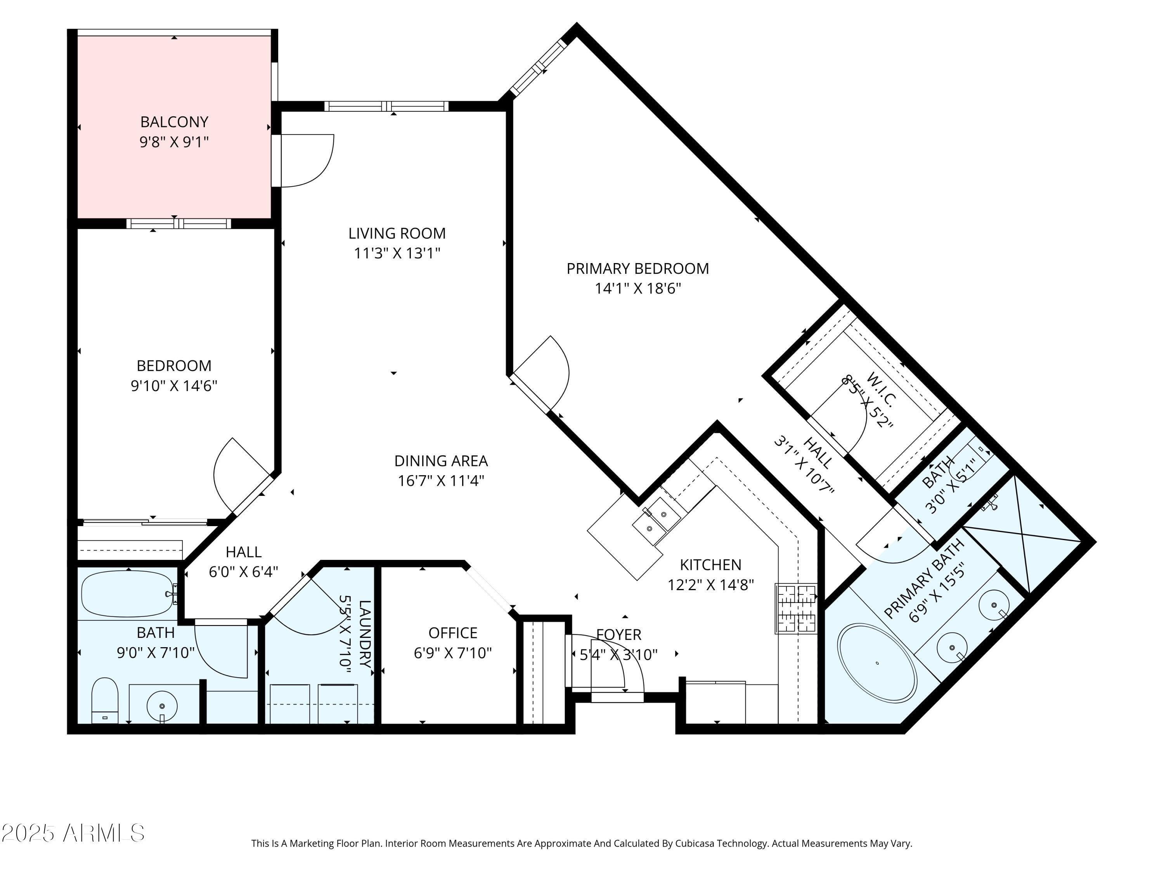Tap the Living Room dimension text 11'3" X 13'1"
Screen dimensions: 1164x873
tap(397, 253)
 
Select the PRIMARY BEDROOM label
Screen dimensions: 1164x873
tap(638, 268)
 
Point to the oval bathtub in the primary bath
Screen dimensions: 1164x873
tap(878, 663)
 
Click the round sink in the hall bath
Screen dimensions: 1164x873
tap(161, 706)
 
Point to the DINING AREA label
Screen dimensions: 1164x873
tap(441, 461)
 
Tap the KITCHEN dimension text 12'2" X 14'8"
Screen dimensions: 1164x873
tap(710, 585)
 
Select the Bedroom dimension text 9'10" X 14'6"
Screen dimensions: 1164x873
tap(174, 386)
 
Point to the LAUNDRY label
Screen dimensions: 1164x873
tap(365, 634)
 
